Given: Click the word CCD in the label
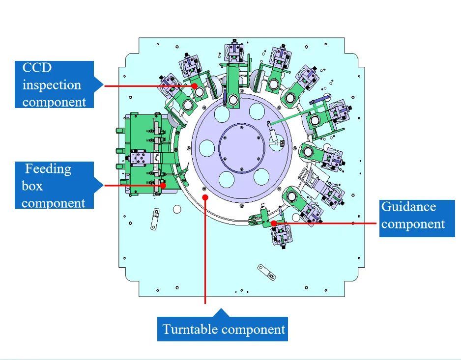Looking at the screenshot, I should click(37, 68).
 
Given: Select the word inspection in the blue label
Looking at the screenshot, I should click(52, 85).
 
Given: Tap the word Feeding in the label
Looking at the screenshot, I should click(48, 169).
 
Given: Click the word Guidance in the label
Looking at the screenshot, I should click(408, 206).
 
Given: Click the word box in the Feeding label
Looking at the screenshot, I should click(32, 186).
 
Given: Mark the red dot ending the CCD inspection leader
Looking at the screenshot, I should click(195, 85).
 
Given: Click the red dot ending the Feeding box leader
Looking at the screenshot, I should click(163, 185).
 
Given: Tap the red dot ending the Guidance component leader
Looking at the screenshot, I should click(273, 223).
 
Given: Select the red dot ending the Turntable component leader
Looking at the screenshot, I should click(205, 197).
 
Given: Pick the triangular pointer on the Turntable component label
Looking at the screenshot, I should click(223, 312).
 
